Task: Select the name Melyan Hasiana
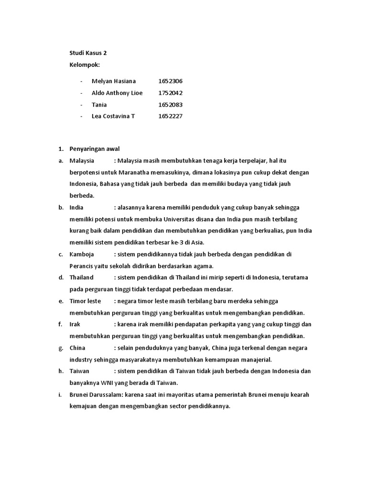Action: point(113,81)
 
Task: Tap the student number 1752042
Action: point(170,93)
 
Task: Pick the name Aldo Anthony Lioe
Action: point(117,93)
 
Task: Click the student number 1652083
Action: point(170,105)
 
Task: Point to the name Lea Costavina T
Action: point(113,116)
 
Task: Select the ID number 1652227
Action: point(170,116)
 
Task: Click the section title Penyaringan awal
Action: point(97,149)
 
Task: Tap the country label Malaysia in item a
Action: point(82,160)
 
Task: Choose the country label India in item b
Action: point(76,207)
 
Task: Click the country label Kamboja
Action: point(82,254)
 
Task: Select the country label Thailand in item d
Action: point(82,277)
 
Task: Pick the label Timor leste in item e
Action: point(85,301)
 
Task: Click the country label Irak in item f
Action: point(75,324)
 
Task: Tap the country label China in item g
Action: point(77,348)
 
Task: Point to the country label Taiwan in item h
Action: point(79,371)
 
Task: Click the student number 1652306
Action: point(170,81)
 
